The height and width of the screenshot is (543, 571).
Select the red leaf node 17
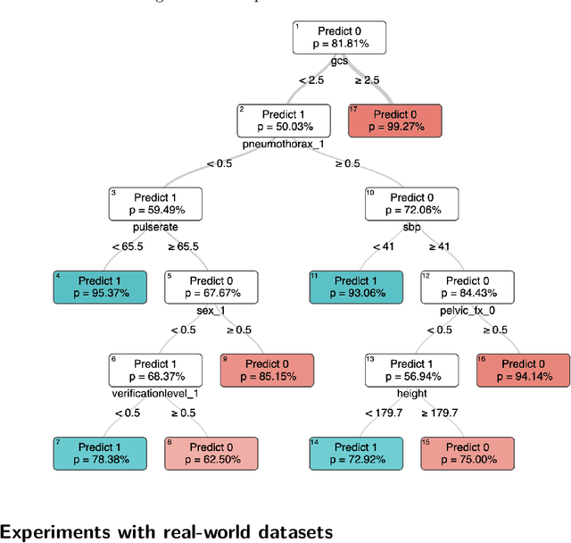(393, 121)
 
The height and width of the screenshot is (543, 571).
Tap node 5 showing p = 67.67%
(211, 287)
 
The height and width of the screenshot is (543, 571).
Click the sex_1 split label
(211, 310)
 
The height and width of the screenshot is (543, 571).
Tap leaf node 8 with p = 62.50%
(211, 454)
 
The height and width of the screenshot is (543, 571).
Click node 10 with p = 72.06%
(410, 204)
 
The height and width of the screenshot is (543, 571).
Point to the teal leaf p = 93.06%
(354, 287)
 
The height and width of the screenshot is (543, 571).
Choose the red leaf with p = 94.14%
(522, 371)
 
